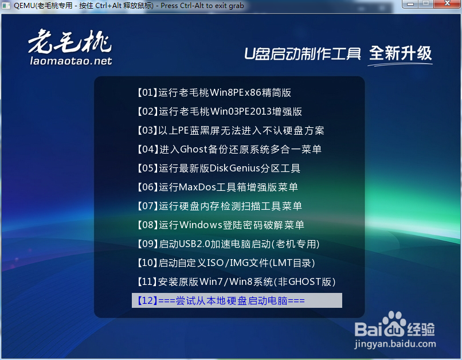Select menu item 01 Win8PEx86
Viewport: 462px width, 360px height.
(214, 92)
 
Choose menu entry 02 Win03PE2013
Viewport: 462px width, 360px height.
(220, 111)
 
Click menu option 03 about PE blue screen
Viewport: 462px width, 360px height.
(230, 130)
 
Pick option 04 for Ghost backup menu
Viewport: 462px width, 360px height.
(229, 149)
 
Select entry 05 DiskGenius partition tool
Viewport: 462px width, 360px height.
(218, 168)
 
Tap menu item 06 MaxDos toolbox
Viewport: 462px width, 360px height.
(217, 187)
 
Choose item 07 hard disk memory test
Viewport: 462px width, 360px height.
(220, 206)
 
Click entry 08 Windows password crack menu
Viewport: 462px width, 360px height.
(220, 225)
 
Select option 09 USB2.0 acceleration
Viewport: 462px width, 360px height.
(228, 244)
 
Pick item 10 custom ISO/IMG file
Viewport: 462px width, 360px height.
(226, 263)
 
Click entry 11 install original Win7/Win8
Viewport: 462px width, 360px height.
(236, 281)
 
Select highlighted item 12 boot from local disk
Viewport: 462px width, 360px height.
(237, 300)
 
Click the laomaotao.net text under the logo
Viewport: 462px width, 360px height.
(71, 61)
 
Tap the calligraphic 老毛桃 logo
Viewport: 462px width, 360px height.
(70, 41)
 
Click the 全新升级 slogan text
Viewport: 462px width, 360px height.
(401, 54)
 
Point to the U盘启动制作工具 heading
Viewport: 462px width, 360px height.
(303, 54)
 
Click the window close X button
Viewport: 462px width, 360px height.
(447, 3)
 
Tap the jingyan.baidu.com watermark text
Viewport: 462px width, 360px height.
(395, 344)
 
